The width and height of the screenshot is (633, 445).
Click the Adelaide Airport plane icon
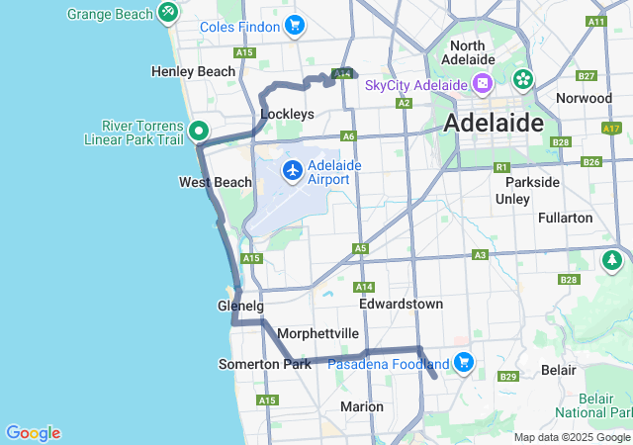tap(293, 170)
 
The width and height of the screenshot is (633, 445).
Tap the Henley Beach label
tap(193, 71)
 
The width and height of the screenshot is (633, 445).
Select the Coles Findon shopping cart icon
tap(293, 26)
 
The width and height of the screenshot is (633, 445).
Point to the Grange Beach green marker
tap(169, 13)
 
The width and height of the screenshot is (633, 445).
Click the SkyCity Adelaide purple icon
tap(483, 84)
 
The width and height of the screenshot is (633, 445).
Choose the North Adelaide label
tap(481, 53)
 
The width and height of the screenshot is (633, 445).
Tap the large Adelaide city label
tap(494, 124)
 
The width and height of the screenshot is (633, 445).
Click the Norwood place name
tap(584, 99)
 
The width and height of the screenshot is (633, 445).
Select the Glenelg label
tap(240, 307)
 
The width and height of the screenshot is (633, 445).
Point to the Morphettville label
tap(317, 333)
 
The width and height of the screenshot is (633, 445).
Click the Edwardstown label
tap(401, 304)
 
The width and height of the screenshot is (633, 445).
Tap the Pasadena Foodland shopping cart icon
tap(464, 363)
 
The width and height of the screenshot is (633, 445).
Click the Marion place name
tap(361, 406)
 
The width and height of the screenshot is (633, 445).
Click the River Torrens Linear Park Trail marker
tap(198, 131)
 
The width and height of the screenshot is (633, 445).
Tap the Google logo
tap(33, 433)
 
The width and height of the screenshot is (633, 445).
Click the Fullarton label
tap(565, 218)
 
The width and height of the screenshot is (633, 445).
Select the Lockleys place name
tap(287, 114)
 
